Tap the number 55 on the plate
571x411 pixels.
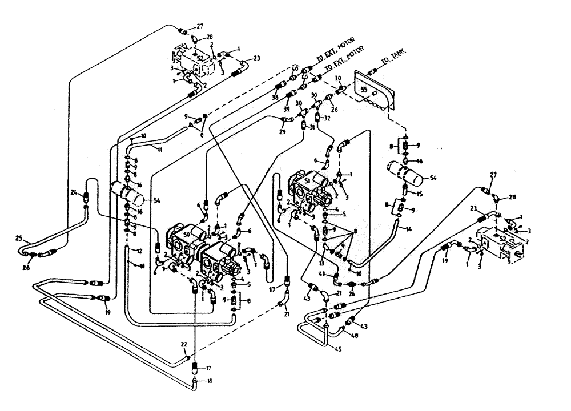tap(363, 90)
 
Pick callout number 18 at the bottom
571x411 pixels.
tap(211, 381)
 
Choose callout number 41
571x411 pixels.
tap(322, 275)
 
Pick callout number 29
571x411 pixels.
tap(282, 132)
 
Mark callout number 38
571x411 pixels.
tap(275, 98)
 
